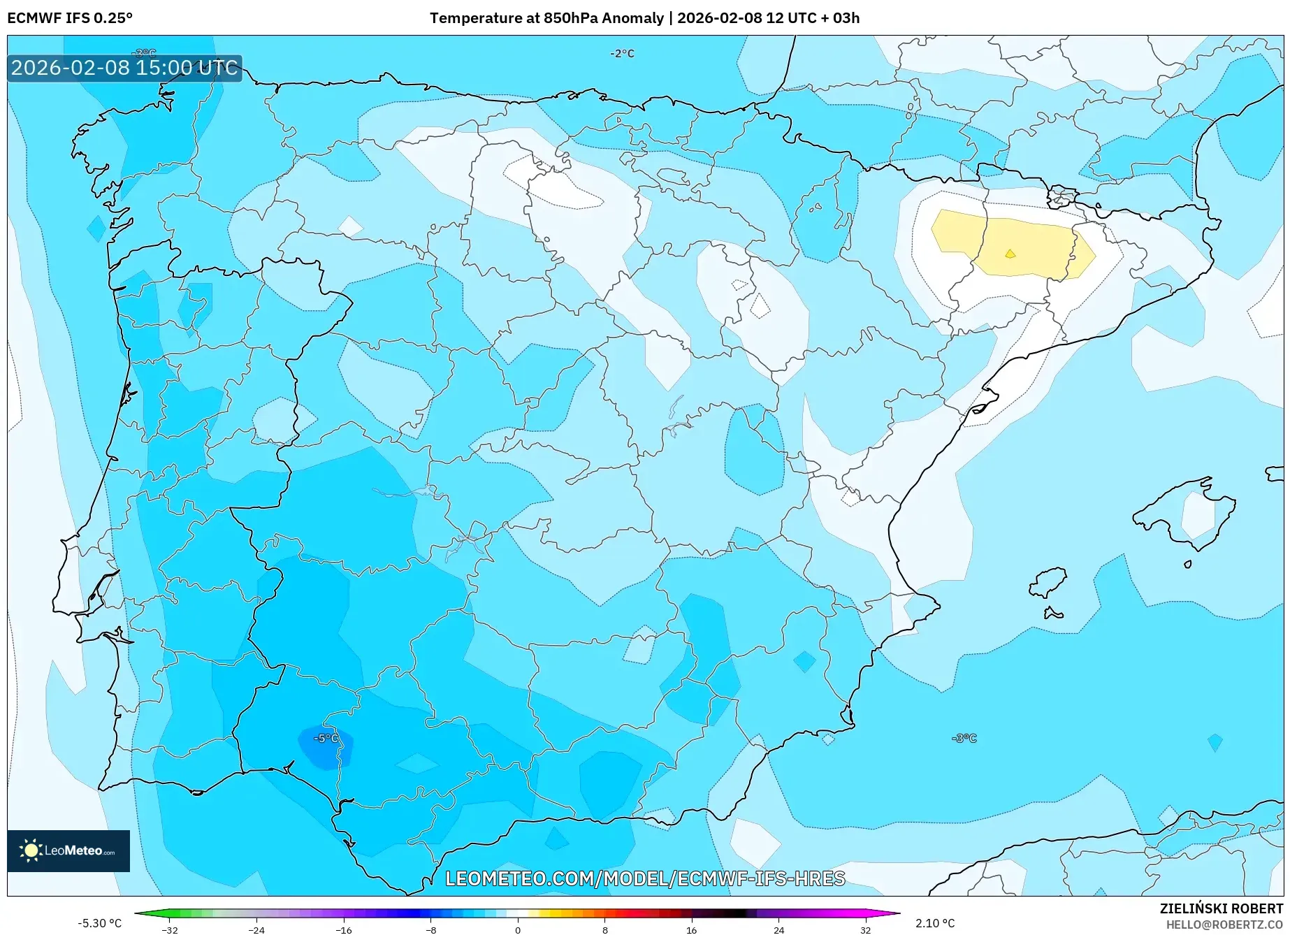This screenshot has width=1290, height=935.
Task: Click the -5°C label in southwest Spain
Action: click(x=326, y=739)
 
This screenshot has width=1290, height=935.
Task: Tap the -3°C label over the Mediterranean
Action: click(x=964, y=739)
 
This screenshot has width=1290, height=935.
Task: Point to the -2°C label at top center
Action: click(x=622, y=54)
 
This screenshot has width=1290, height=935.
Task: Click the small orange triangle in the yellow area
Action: click(x=1010, y=254)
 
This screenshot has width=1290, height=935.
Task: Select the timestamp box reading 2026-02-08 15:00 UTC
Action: click(x=124, y=68)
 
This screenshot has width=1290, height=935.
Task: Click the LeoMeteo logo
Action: click(x=68, y=850)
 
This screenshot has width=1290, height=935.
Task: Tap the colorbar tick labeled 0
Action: click(x=518, y=930)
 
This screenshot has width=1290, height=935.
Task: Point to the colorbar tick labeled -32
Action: click(x=170, y=930)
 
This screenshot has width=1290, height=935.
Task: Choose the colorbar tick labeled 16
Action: click(x=691, y=930)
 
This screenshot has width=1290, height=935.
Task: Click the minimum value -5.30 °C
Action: click(x=99, y=923)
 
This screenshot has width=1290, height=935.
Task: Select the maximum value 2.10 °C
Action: click(x=935, y=923)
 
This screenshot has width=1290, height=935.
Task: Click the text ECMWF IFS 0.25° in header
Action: click(x=70, y=18)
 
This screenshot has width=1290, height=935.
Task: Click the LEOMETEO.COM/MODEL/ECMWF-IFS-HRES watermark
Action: click(x=645, y=878)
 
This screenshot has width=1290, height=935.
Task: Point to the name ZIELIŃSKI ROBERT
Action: click(x=1221, y=909)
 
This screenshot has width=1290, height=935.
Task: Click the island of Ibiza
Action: click(x=1048, y=583)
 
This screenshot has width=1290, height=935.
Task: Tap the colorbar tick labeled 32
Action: click(x=865, y=930)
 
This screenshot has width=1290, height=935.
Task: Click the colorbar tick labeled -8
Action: click(x=431, y=930)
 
